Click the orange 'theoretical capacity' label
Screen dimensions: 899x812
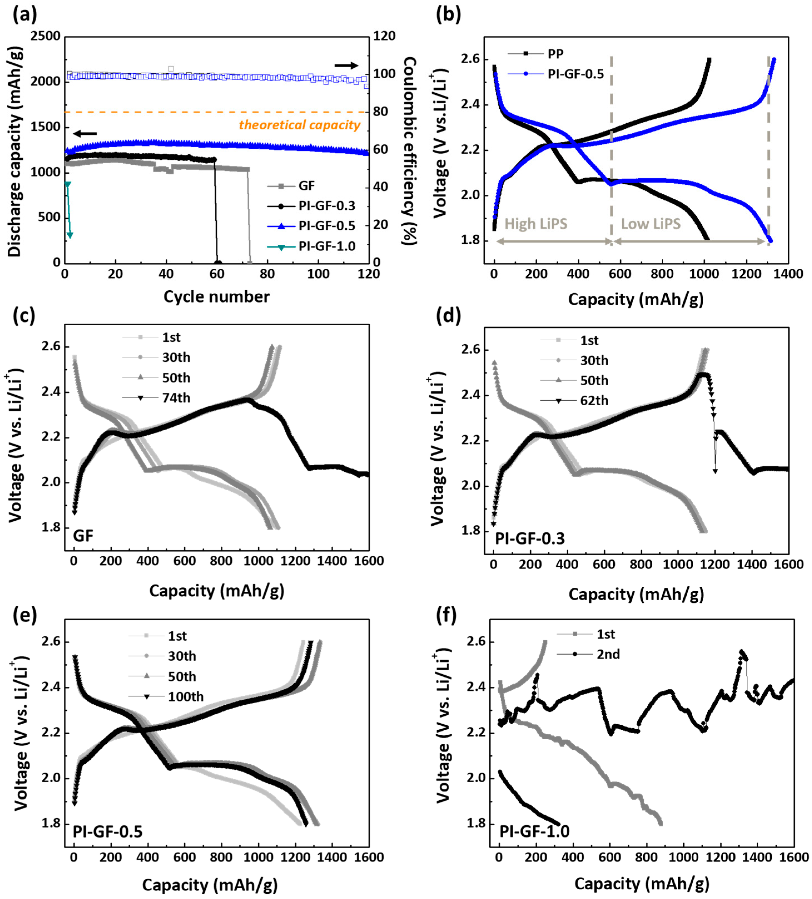pyautogui.click(x=299, y=125)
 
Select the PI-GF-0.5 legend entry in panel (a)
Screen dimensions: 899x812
pyautogui.click(x=327, y=226)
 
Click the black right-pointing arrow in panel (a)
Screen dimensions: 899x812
pyautogui.click(x=346, y=66)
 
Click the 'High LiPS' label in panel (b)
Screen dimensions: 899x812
pyautogui.click(x=535, y=223)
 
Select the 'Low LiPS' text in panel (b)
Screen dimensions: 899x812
pyautogui.click(x=651, y=223)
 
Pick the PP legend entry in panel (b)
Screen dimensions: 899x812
pyautogui.click(x=556, y=54)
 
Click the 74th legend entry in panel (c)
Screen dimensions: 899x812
pyautogui.click(x=176, y=397)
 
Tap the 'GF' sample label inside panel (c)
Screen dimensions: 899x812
pyautogui.click(x=83, y=535)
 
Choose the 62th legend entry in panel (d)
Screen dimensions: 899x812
pyautogui.click(x=594, y=400)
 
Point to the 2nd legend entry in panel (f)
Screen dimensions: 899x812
pyautogui.click(x=608, y=654)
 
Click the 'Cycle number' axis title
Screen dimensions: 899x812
pyautogui.click(x=216, y=296)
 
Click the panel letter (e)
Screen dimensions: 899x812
pyautogui.click(x=24, y=615)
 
